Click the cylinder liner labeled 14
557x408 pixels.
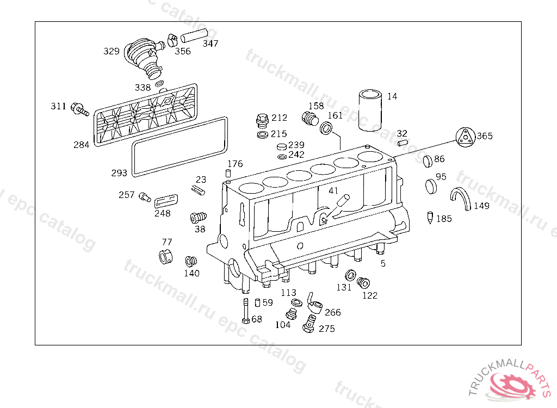tap(371, 111)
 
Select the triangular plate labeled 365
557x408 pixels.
tap(463, 137)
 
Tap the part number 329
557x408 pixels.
tap(112, 52)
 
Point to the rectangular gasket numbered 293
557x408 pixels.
tap(180, 146)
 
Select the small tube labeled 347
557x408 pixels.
tap(192, 36)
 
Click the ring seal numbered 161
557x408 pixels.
tap(327, 128)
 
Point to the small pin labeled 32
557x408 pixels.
tap(402, 143)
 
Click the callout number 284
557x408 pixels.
tap(82, 145)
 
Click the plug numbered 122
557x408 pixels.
tap(363, 283)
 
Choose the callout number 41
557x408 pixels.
tap(333, 190)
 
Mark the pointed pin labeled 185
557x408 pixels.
tap(430, 218)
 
